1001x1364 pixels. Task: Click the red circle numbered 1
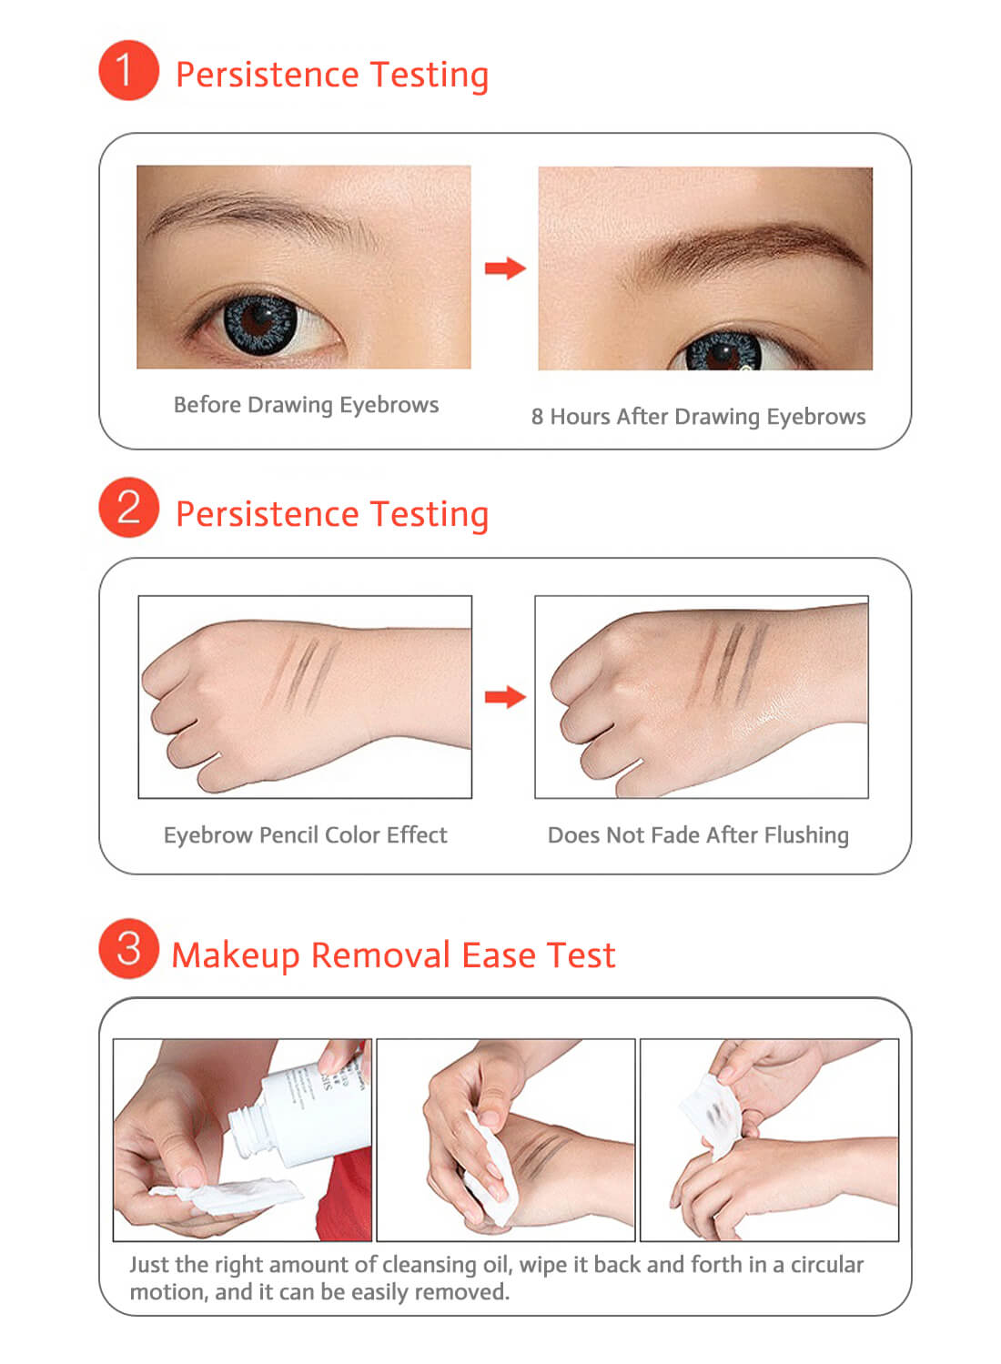coord(128,70)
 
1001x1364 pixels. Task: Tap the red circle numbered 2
coord(128,507)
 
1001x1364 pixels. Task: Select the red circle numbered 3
coord(128,948)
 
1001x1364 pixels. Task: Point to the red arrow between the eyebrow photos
coord(505,268)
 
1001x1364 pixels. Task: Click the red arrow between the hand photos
coord(505,697)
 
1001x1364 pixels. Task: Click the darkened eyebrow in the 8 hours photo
coord(746,241)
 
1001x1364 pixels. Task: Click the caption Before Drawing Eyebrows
coord(306,405)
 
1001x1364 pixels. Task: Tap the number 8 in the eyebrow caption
coord(537,417)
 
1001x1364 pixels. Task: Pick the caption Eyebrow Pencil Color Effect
coord(305,835)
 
